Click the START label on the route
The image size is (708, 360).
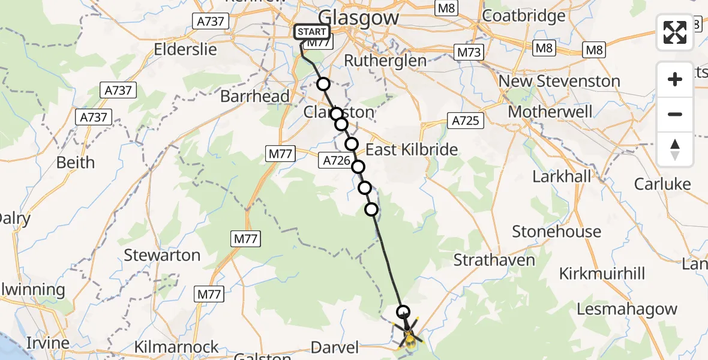pos(311,32)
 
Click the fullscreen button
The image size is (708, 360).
pos(675,32)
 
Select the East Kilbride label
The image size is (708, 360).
pos(412,149)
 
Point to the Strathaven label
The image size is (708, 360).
pos(494,260)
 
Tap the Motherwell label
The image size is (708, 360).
pos(550,112)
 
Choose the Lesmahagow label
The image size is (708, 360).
pos(627,310)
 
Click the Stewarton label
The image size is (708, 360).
pos(162,255)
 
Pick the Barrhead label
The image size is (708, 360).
pos(254,96)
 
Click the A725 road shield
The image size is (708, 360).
pos(465,121)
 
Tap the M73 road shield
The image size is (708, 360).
pos(469,52)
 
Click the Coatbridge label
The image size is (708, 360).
pos(524,16)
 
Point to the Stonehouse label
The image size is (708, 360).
pos(556,231)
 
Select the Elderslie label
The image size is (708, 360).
pos(185,49)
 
